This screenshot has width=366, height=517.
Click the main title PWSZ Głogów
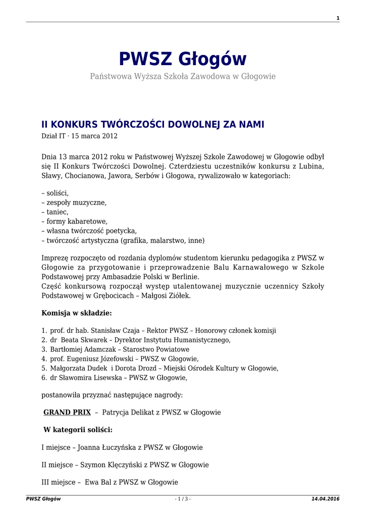click(183, 59)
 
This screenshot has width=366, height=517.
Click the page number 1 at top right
click(338, 18)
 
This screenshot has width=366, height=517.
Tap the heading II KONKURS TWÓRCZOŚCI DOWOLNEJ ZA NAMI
click(152, 124)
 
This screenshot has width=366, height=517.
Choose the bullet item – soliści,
click(55, 193)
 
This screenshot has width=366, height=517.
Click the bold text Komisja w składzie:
click(76, 313)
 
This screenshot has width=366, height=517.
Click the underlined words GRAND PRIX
click(67, 412)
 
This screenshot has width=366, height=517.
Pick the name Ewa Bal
click(95, 482)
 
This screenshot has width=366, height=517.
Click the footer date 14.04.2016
click(326, 499)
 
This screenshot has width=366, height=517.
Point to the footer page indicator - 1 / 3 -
click(183, 499)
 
